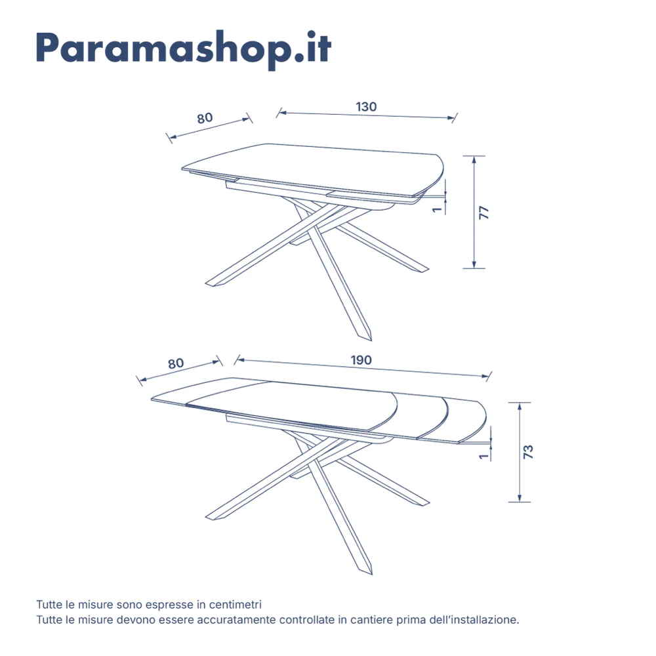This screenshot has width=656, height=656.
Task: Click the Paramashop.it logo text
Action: [184, 48]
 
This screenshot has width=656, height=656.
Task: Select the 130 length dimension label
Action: [366, 106]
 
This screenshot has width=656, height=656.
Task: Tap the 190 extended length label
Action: [361, 359]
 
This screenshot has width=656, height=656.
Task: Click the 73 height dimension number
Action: [529, 451]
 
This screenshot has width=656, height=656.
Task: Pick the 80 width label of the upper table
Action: [205, 118]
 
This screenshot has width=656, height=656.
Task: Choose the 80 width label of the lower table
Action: [175, 363]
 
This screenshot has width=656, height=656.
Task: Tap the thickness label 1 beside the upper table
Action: [435, 210]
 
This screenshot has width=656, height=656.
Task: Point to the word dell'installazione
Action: [473, 619]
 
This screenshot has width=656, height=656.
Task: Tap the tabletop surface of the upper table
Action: [315, 164]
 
